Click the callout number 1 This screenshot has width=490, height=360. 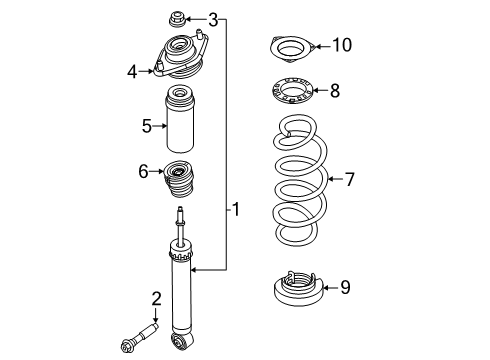[x=235, y=209]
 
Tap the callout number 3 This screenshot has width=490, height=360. [x=212, y=19]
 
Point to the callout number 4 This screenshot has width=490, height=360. [x=132, y=70]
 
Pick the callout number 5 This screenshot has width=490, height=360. [x=146, y=126]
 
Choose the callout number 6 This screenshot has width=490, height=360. [x=143, y=171]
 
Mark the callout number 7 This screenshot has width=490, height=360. [x=349, y=180]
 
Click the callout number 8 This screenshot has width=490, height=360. [x=335, y=91]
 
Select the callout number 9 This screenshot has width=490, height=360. [x=344, y=288]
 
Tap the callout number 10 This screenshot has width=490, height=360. [x=342, y=44]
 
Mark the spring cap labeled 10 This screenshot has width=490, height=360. [x=291, y=47]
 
